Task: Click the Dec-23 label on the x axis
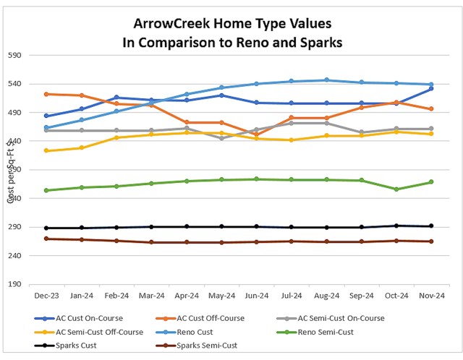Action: (46, 295)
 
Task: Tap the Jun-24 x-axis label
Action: (257, 295)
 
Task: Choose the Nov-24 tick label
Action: (432, 295)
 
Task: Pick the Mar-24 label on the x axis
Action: (151, 295)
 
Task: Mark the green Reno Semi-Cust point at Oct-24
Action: (396, 189)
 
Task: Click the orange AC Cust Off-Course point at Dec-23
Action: (46, 94)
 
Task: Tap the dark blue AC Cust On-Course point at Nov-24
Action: (432, 88)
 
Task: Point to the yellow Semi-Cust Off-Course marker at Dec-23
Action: (46, 150)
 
